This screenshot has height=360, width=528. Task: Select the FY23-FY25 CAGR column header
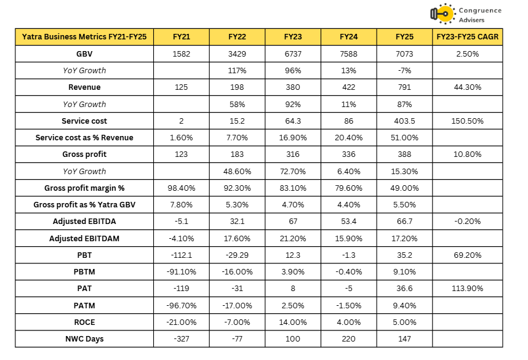coord(467,37)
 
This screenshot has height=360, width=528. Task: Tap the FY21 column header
coord(181,37)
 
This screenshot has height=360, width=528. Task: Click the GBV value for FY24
coord(349,54)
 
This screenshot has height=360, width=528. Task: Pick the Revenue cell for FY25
coord(405,87)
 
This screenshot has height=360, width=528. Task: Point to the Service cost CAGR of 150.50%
coord(467,121)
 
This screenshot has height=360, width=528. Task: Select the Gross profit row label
coord(84,154)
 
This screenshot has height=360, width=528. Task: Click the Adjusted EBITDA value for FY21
coord(181,222)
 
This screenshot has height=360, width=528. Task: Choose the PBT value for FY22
coord(237,255)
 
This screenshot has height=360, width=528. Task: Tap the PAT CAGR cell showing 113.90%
coord(467,289)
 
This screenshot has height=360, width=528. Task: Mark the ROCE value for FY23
coord(293,322)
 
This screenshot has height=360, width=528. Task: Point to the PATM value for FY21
coord(181,305)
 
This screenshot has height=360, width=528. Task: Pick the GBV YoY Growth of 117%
coord(237,71)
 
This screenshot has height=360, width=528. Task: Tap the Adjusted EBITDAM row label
coord(84,238)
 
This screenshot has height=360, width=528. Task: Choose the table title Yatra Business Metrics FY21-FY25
coord(84,37)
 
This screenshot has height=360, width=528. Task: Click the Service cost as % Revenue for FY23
coord(293,138)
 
